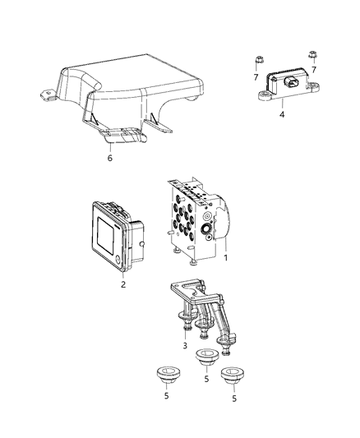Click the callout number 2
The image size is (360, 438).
click(124, 286)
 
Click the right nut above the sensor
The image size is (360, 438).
click(312, 56)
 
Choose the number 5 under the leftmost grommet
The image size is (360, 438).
click(169, 399)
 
